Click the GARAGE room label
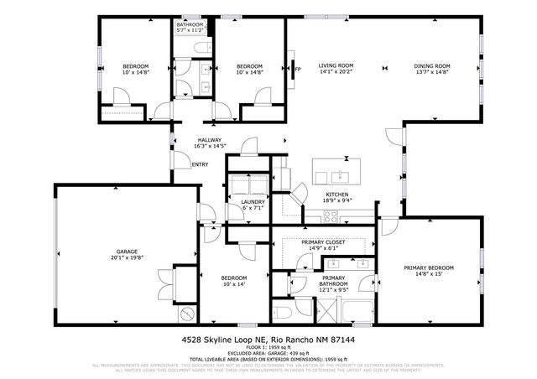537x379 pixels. pyautogui.click(x=126, y=252)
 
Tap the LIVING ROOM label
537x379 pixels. pyautogui.click(x=335, y=65)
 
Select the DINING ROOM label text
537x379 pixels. pyautogui.click(x=432, y=65)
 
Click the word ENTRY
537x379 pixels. pyautogui.click(x=201, y=164)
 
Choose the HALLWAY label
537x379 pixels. pyautogui.click(x=210, y=140)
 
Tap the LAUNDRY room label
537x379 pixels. pyautogui.click(x=253, y=201)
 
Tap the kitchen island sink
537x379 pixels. pyautogui.click(x=340, y=176)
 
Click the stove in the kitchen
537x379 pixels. pyautogui.click(x=331, y=215)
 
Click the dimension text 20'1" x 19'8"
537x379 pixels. pyautogui.click(x=126, y=258)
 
